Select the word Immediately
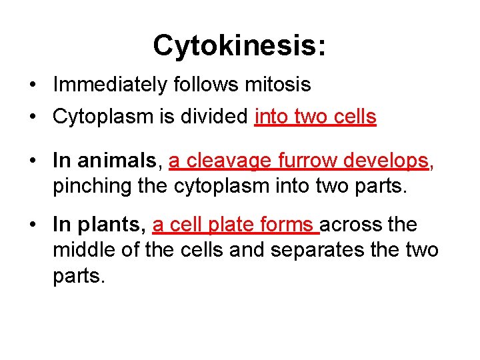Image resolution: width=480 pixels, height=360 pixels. pos(110,85)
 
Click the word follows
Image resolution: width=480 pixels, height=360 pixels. pos(206,85)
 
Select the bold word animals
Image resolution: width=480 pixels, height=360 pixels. pos(119,161)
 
